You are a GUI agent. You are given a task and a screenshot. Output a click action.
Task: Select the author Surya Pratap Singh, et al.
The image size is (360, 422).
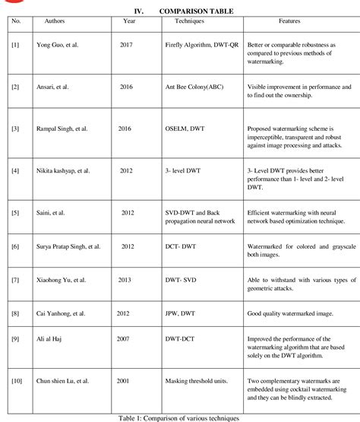[71, 247]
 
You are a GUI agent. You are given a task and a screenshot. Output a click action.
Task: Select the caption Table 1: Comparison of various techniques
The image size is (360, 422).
[180, 417]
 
